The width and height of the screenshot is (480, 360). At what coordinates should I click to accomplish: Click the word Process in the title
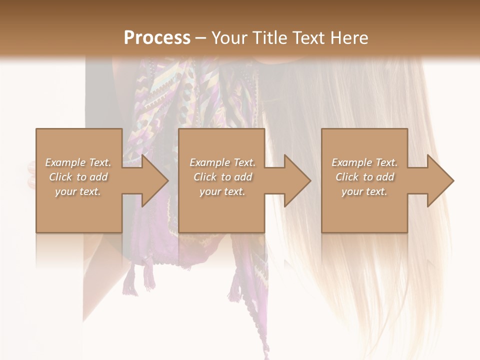(x=157, y=38)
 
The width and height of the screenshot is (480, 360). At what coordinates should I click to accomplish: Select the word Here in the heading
(x=349, y=38)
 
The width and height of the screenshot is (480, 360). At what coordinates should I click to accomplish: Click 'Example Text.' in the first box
(x=78, y=162)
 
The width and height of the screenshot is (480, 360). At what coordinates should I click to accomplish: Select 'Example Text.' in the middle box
(x=222, y=162)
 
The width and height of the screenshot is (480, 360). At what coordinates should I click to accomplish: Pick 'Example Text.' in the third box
(x=364, y=162)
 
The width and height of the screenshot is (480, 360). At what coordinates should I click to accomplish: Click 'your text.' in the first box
(x=78, y=191)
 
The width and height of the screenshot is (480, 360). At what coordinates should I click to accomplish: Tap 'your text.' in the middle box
(x=222, y=191)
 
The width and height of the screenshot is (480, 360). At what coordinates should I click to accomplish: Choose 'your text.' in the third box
(x=364, y=191)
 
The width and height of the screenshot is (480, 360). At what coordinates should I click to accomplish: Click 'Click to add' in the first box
(x=78, y=177)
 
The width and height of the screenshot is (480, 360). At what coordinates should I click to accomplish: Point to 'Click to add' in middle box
(x=222, y=177)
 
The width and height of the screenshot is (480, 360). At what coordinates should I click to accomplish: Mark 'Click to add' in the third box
(x=364, y=177)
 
